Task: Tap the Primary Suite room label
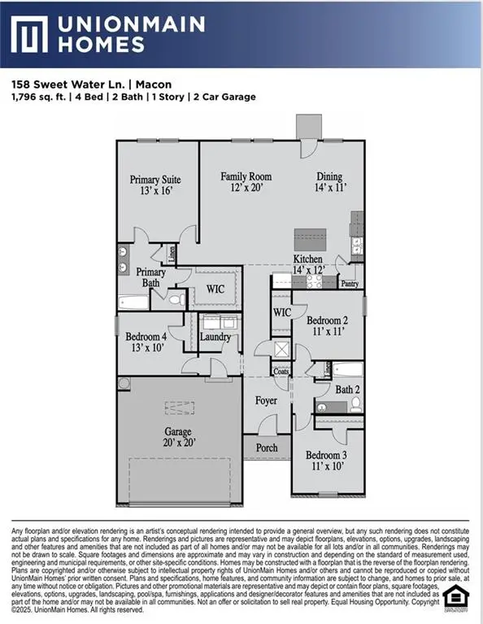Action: click(155, 184)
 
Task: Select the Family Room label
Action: click(246, 182)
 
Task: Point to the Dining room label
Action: click(329, 182)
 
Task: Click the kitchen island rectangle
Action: click(311, 239)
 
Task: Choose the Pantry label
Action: click(350, 284)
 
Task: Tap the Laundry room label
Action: click(215, 336)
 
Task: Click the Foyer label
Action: click(266, 401)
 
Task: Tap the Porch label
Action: click(267, 448)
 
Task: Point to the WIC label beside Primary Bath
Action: click(215, 288)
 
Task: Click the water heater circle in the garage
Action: click(124, 383)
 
